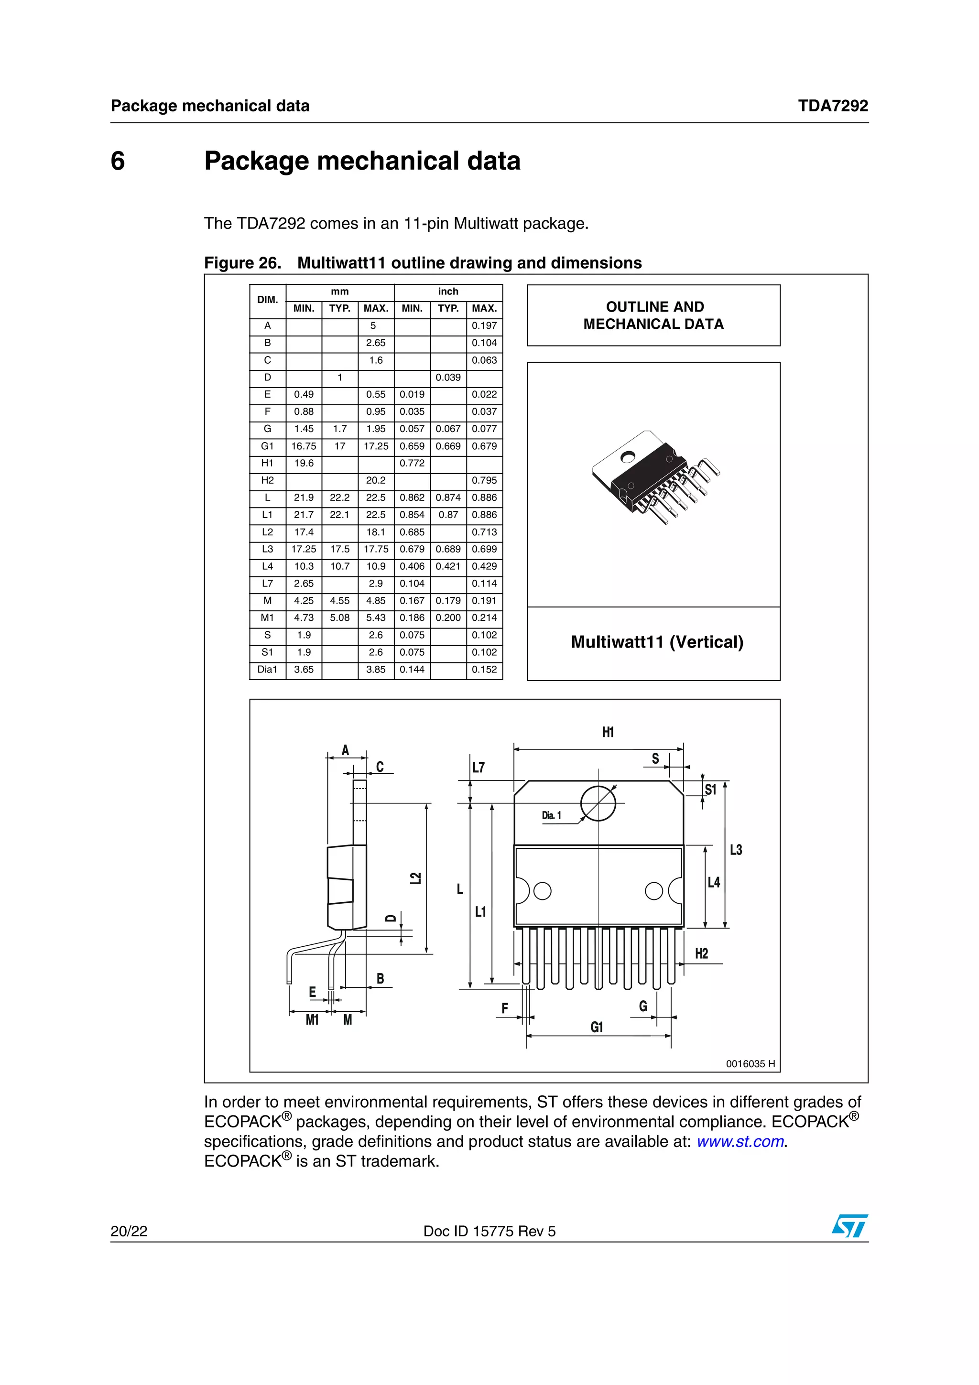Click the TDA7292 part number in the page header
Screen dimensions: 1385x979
tap(832, 106)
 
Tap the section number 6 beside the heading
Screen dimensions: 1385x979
tap(118, 161)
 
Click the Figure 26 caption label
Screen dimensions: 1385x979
tap(242, 263)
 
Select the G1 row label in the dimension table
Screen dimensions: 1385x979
tap(267, 446)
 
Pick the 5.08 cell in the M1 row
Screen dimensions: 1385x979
tap(339, 617)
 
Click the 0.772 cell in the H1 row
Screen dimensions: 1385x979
tap(412, 463)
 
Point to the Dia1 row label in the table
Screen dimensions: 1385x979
tap(267, 670)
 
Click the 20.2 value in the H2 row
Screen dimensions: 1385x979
tap(376, 481)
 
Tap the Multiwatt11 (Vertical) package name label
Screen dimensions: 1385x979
tap(657, 642)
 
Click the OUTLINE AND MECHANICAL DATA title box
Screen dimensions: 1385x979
tap(653, 315)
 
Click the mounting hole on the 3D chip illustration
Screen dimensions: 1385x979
tap(629, 456)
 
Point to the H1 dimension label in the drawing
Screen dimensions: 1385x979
tap(608, 732)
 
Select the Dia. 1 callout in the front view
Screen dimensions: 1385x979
tap(551, 815)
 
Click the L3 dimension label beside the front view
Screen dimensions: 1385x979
tap(736, 850)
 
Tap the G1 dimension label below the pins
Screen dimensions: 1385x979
tap(597, 1028)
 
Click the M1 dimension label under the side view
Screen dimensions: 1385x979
tap(312, 1020)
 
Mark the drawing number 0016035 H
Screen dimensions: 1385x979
tap(750, 1064)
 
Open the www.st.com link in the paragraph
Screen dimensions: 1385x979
tap(740, 1141)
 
